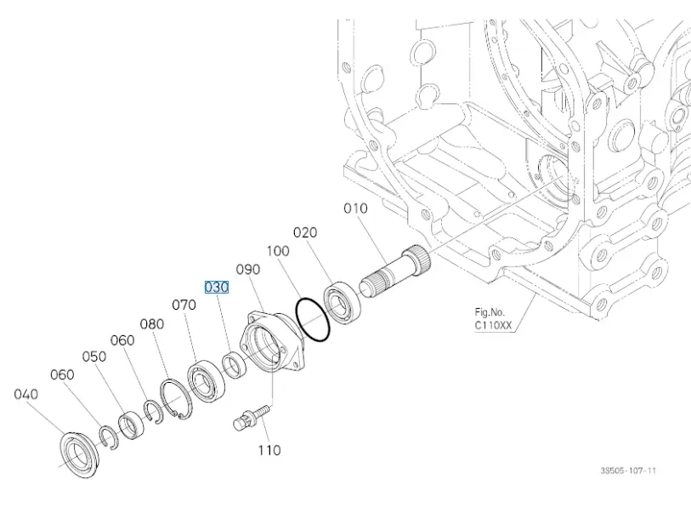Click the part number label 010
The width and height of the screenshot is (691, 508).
coord(355,208)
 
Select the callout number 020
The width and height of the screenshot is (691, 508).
coord(305,232)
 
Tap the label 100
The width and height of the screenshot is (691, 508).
coord(277,251)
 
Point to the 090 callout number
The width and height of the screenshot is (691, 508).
coord(247,269)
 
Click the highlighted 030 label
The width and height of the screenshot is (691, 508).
coord(216,288)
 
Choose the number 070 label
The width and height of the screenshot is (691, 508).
coord(184,304)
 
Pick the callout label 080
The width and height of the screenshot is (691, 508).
coord(152,323)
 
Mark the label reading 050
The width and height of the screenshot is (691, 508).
coord(93,357)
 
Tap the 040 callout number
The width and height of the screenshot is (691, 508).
coord(26,394)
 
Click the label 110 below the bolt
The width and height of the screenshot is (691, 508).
coord(269,450)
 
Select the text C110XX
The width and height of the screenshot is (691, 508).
coord(493,325)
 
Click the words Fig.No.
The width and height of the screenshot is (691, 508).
coord(490,312)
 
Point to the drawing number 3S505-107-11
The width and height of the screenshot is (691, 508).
coord(628,471)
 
